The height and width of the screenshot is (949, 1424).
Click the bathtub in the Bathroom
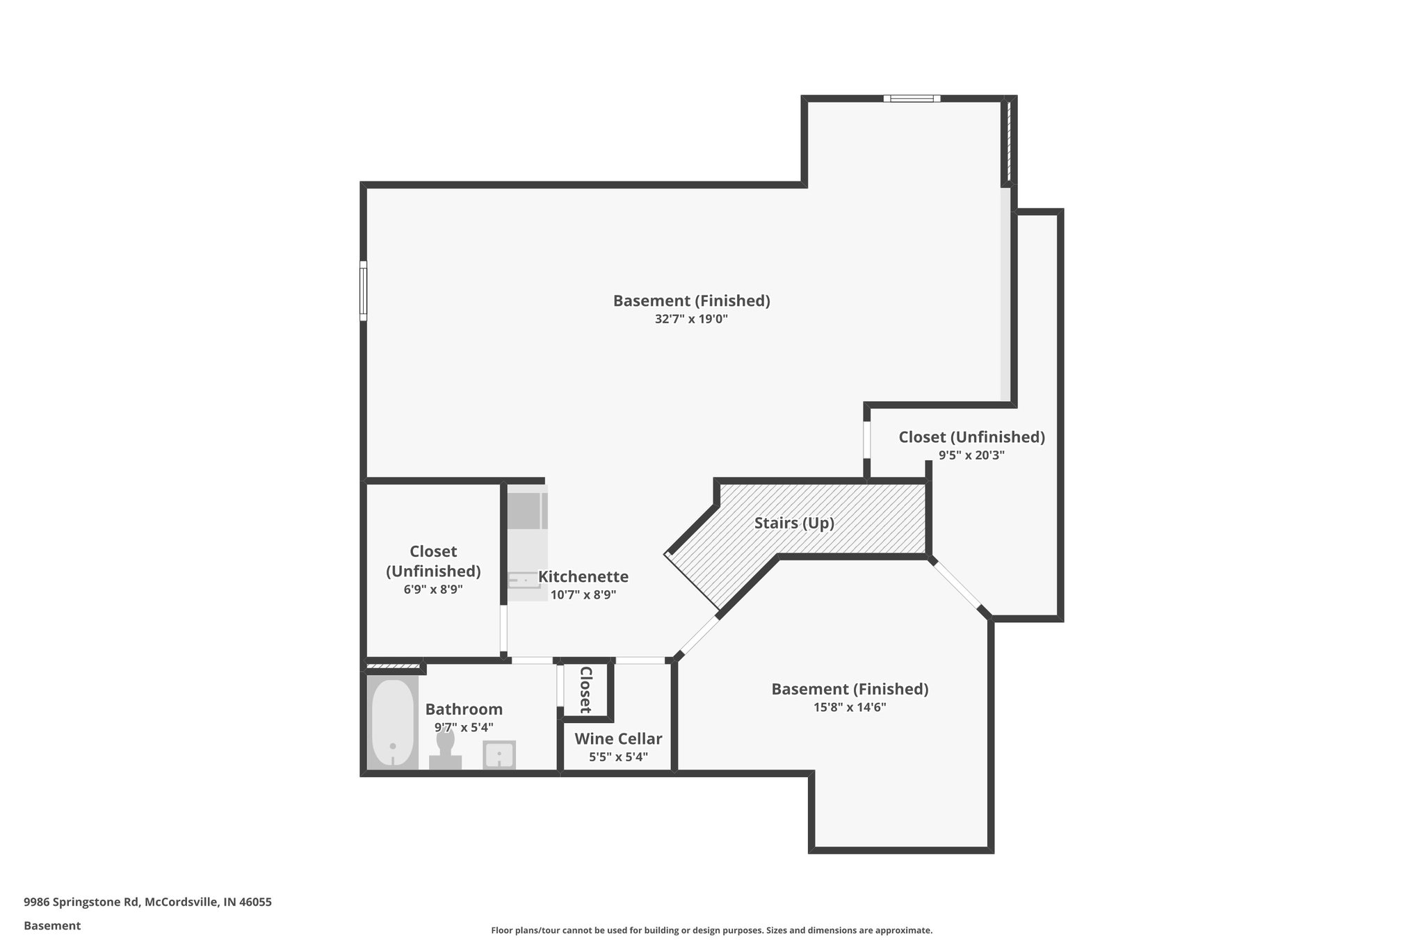pyautogui.click(x=392, y=722)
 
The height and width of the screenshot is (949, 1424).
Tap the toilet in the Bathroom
pyautogui.click(x=445, y=751)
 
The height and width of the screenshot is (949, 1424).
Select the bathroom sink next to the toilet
pyautogui.click(x=499, y=754)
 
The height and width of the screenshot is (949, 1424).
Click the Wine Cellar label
pyautogui.click(x=618, y=738)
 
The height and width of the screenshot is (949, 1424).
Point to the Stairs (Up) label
pyautogui.click(x=794, y=523)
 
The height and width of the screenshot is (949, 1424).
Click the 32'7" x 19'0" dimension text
pyautogui.click(x=691, y=319)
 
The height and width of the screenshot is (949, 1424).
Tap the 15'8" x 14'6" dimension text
pyautogui.click(x=850, y=707)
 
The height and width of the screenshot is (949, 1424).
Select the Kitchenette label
pyautogui.click(x=583, y=576)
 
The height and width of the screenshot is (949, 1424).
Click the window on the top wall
pyautogui.click(x=912, y=99)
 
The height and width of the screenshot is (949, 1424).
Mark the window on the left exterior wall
pyautogui.click(x=363, y=291)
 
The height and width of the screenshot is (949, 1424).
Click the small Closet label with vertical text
pyautogui.click(x=585, y=689)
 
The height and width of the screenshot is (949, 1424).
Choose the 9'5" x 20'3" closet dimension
pyautogui.click(x=971, y=455)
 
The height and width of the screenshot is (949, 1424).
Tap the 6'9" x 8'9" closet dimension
pyautogui.click(x=433, y=589)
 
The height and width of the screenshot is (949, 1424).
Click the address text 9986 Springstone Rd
pyautogui.click(x=147, y=902)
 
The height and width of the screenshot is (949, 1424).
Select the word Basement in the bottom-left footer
pyautogui.click(x=52, y=925)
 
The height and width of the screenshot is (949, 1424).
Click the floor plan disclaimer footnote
pyautogui.click(x=711, y=930)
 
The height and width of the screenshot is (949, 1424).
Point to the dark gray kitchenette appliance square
pyautogui.click(x=526, y=511)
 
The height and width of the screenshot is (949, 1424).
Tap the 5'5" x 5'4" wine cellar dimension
pyautogui.click(x=618, y=756)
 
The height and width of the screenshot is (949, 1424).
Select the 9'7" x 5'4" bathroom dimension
pyautogui.click(x=464, y=727)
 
